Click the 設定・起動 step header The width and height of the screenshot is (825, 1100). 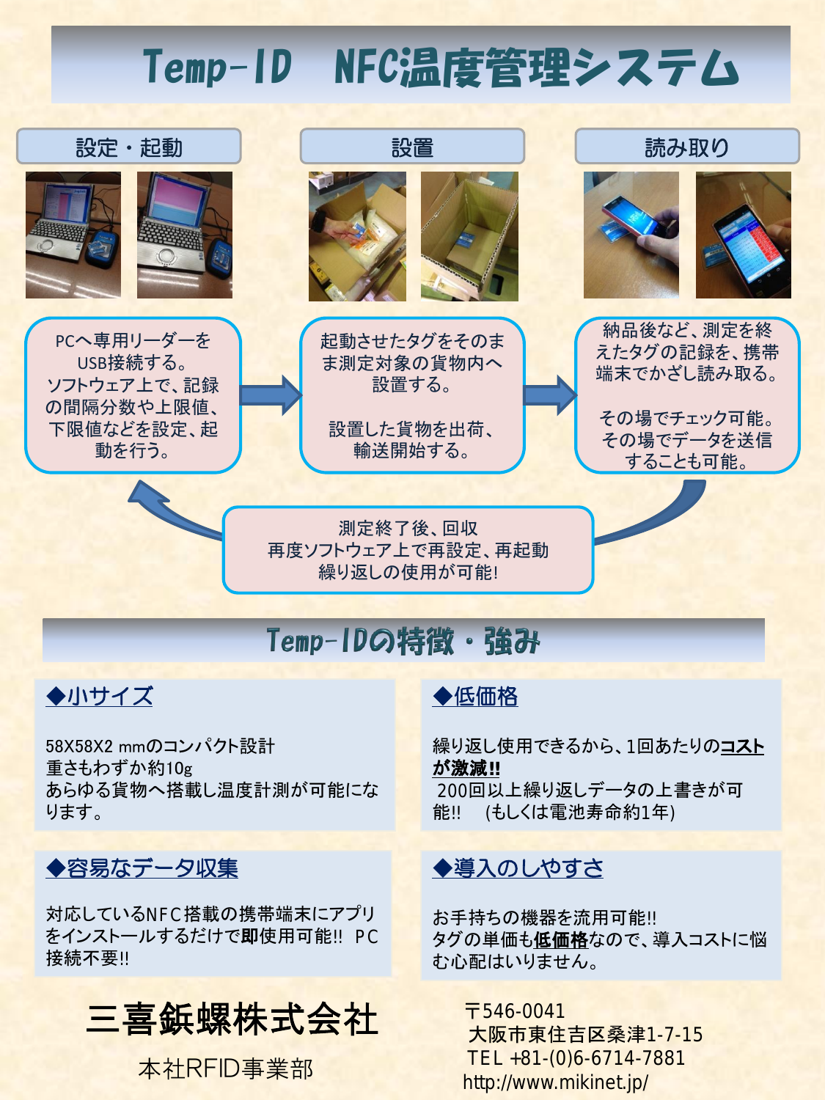[129, 147]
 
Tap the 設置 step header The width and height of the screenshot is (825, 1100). [412, 147]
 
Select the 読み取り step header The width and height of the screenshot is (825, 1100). [687, 147]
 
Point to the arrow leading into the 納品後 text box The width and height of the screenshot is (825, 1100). [550, 395]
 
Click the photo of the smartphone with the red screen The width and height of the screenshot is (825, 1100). [743, 235]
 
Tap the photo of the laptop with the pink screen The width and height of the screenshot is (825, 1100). [185, 235]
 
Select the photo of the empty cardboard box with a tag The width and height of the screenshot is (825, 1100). [469, 236]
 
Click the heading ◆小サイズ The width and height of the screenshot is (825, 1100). [100, 696]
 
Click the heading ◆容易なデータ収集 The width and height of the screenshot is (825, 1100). [142, 868]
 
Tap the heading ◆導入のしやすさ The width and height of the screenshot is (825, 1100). [518, 868]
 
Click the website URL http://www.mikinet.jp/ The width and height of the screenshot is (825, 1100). [555, 1082]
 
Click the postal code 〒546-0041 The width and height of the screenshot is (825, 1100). [515, 1011]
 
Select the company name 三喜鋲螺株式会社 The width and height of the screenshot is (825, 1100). [232, 1019]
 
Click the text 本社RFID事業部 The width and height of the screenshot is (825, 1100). [226, 1068]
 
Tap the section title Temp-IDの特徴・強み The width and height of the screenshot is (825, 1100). [403, 641]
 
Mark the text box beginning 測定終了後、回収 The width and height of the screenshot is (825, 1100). [408, 550]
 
